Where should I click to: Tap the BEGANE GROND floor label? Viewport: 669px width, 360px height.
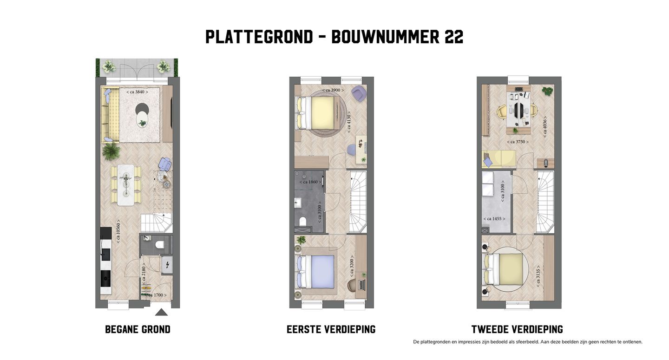pos(138,329)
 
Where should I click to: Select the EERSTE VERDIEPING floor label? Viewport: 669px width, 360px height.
pos(331,329)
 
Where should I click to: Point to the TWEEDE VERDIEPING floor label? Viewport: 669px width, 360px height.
pos(517,329)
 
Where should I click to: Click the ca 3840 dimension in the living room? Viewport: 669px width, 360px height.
pos(137,92)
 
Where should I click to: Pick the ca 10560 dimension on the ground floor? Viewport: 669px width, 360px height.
pos(118,231)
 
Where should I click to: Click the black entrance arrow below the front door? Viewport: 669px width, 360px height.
pos(161,312)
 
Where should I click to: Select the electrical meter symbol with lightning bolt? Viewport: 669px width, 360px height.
pos(166,265)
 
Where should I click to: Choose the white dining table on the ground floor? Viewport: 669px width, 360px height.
pos(125,184)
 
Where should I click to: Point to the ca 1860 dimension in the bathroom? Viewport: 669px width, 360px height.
pos(309,182)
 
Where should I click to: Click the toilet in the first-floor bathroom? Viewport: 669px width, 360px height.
pos(302,221)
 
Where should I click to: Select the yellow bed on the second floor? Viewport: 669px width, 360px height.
pos(511,269)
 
